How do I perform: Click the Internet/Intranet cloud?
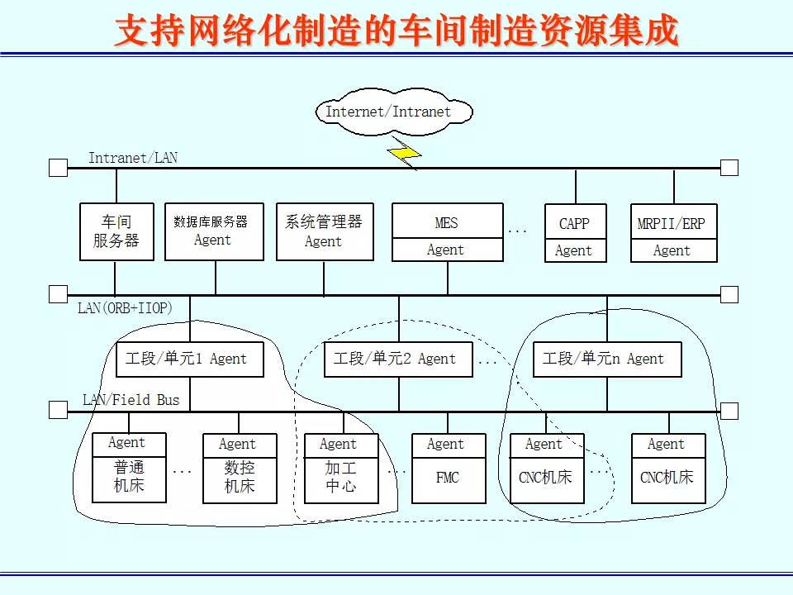point(394,112)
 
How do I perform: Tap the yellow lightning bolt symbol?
point(405,153)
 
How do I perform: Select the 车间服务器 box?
point(116,232)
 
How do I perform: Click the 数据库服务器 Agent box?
point(214,232)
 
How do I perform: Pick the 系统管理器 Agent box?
point(324,232)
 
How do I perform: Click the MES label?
point(446,223)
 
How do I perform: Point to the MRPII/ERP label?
point(672,224)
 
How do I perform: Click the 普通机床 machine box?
point(129,468)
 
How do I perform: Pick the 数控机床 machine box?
point(240,469)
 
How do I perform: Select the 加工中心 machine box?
point(340,469)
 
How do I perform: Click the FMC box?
point(447,469)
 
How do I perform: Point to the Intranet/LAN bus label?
point(133,158)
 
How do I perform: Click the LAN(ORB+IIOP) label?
point(126,308)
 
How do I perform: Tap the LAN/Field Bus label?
point(131,400)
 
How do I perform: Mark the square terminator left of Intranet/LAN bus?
point(58,168)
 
